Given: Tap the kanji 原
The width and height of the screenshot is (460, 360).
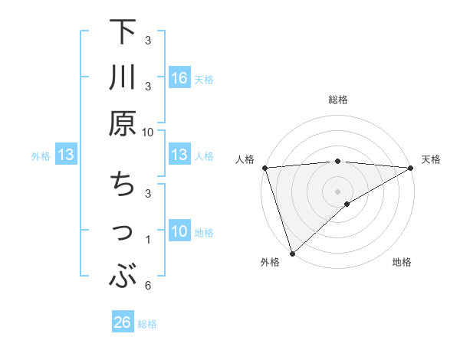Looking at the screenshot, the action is point(123,122).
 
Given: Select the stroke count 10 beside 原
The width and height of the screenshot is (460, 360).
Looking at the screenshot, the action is point(148,132).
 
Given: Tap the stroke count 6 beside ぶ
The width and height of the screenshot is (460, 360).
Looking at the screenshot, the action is point(148,286).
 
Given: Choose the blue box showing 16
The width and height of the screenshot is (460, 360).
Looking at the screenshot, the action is point(179,78).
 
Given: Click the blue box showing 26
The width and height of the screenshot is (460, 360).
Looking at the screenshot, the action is point(123,323).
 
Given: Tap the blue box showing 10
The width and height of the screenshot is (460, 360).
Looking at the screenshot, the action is point(179,231).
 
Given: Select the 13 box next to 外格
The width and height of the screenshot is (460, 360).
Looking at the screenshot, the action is point(66,155).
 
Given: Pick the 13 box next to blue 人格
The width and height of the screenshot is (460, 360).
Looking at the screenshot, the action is point(179,155).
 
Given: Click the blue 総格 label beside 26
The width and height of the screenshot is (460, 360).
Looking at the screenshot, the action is point(148,324).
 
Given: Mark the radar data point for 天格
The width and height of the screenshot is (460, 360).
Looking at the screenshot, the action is point(412,168).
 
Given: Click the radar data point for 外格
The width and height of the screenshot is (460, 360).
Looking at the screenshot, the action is point(292,253).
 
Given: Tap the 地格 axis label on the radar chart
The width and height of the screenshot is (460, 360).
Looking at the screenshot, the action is point(402,263).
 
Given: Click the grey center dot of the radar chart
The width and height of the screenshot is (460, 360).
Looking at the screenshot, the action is point(337,191).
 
